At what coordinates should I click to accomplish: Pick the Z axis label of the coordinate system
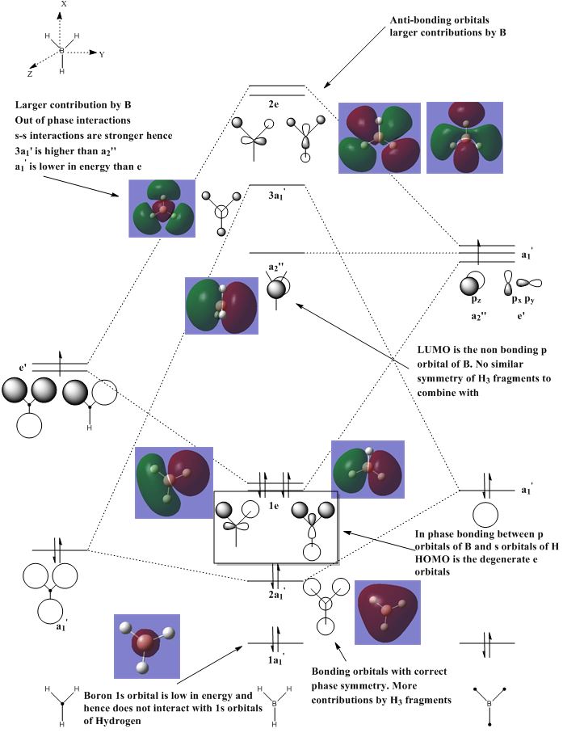(30, 73)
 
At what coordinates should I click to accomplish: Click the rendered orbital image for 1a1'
(147, 646)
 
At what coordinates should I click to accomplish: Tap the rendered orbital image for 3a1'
(162, 209)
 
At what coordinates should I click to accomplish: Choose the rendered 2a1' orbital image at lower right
(388, 613)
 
